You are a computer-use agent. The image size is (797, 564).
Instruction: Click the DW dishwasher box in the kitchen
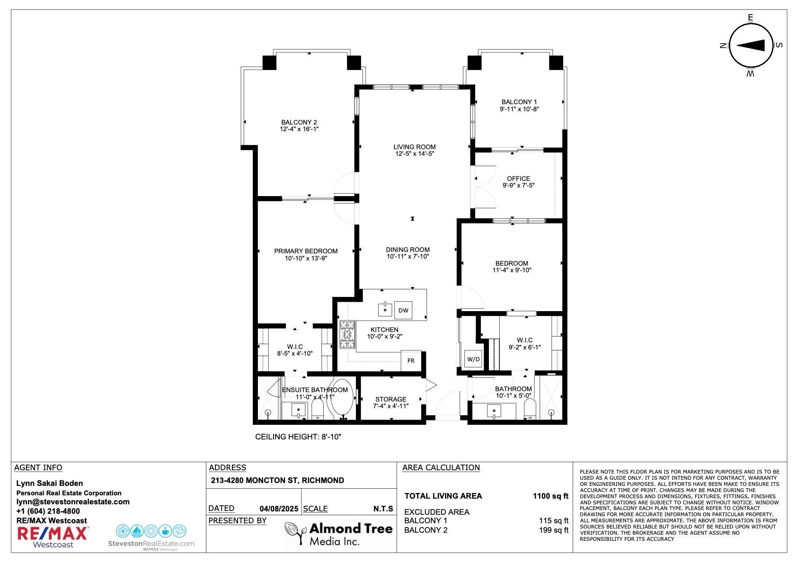click(x=403, y=310)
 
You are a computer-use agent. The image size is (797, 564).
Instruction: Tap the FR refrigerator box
click(x=411, y=361)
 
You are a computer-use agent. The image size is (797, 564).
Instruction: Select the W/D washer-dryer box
click(x=473, y=359)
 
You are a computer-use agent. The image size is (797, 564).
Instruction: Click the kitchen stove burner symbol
click(x=347, y=335)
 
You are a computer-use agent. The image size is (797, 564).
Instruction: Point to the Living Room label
click(x=415, y=147)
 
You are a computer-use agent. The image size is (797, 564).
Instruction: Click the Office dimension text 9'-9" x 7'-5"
click(x=518, y=185)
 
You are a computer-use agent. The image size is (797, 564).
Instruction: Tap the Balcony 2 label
click(x=299, y=122)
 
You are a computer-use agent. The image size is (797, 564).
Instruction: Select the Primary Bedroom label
click(x=306, y=251)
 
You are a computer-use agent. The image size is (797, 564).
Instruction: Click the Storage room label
click(x=390, y=399)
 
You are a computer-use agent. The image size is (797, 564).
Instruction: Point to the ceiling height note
click(x=298, y=437)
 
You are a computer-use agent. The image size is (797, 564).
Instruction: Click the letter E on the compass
click(x=751, y=18)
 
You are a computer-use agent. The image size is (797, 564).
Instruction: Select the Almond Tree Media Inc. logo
click(x=339, y=534)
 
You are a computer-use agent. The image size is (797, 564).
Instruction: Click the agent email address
click(x=73, y=501)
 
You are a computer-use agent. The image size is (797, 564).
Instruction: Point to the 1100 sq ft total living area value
click(x=550, y=496)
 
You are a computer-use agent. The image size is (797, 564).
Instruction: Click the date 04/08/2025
click(x=279, y=509)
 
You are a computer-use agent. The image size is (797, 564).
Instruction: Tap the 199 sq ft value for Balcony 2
click(x=554, y=530)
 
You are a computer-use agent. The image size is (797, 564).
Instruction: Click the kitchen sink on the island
click(x=385, y=309)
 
